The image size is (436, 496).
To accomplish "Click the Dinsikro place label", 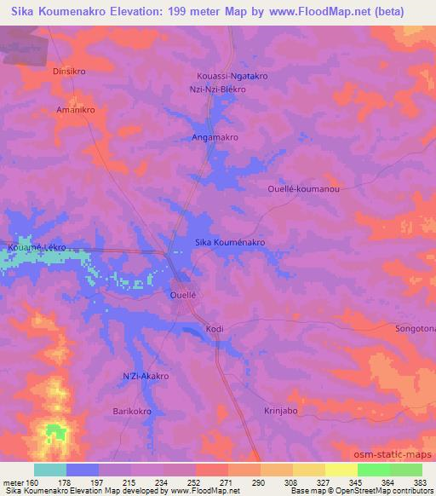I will pyautogui.click(x=70, y=72).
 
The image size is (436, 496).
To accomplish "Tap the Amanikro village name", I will pyautogui.click(x=75, y=111).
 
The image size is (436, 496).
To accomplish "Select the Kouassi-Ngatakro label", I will pyautogui.click(x=232, y=76).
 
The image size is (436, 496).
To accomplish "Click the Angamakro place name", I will pyautogui.click(x=214, y=136).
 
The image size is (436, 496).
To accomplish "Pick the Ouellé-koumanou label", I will pyautogui.click(x=303, y=189).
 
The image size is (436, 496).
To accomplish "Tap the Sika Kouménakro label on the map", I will pyautogui.click(x=231, y=243).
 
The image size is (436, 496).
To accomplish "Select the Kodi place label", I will pyautogui.click(x=214, y=329).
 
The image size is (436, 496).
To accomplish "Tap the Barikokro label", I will pyautogui.click(x=133, y=412).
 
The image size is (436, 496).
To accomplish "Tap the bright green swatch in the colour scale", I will pyautogui.click(x=373, y=470).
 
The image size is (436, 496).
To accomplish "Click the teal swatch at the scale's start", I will pyautogui.click(x=50, y=470).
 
